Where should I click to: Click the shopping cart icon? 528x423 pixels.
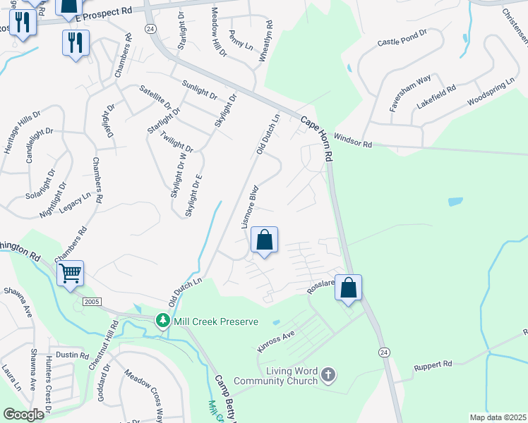click(71, 272)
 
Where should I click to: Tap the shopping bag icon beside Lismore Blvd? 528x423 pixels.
click(264, 240)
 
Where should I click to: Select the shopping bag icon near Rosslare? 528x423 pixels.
click(348, 288)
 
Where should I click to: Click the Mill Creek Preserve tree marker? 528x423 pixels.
click(163, 321)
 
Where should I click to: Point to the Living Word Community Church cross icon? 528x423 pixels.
click(328, 374)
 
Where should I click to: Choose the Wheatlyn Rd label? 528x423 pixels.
click(265, 45)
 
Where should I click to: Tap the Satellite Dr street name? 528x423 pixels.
click(155, 97)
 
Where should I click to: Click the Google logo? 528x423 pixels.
click(23, 415)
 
